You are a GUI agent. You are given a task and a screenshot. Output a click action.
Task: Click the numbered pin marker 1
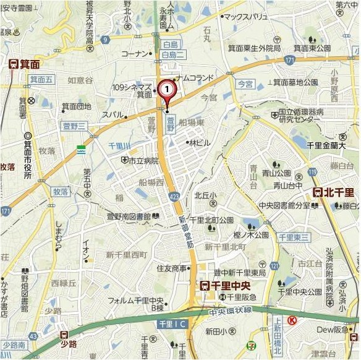pyautogui.click(x=166, y=89)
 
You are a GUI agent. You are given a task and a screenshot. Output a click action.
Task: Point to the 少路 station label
pyautogui.click(x=70, y=345)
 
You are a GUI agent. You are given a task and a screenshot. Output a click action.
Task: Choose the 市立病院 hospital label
pyautogui.click(x=143, y=160)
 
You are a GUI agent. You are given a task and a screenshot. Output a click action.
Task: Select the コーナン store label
pyautogui.click(x=135, y=54)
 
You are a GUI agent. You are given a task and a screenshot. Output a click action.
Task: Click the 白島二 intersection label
pyautogui.click(x=173, y=55)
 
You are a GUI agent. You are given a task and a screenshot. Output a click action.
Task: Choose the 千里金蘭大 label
pyautogui.click(x=326, y=146)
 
